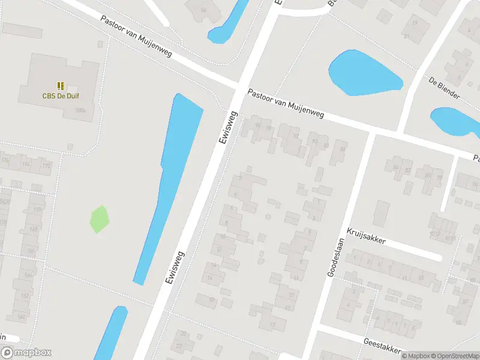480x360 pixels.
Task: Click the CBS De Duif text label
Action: (61, 95)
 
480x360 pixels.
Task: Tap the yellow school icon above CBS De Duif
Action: (61, 86)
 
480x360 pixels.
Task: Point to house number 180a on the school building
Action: (81, 110)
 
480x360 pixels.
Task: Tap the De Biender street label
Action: (444, 88)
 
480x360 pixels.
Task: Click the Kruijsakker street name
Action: (365, 235)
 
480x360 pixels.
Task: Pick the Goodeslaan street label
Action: (334, 258)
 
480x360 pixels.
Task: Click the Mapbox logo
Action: (26, 353)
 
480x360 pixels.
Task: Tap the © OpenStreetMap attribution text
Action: (454, 356)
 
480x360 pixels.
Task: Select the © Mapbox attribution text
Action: (415, 356)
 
